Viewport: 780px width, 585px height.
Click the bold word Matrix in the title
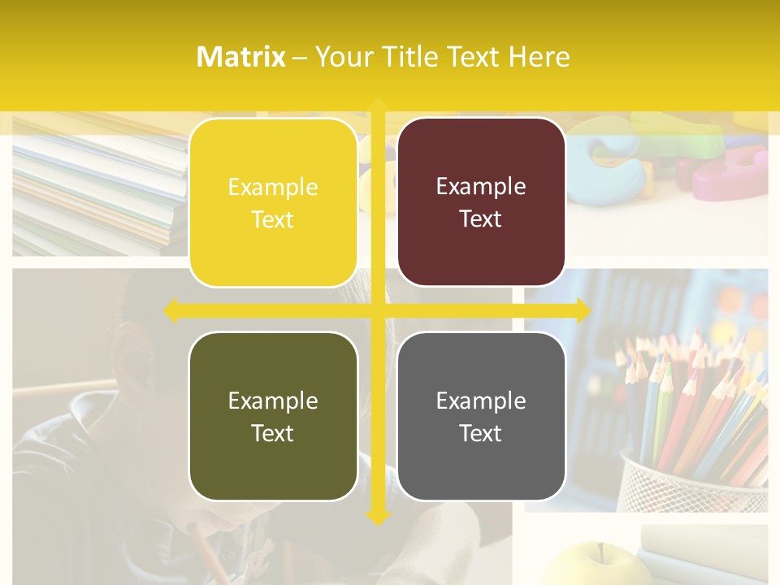pos(241,57)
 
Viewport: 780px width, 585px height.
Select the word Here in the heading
pos(539,57)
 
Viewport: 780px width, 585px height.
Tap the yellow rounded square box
pos(273,202)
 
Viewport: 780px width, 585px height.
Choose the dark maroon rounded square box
pos(481,202)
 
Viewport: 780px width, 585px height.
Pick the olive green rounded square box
pos(273,416)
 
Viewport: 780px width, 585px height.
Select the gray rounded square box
pos(481,416)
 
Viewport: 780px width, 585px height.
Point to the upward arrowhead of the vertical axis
pos(378,106)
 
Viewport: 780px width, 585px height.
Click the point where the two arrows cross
pos(378,310)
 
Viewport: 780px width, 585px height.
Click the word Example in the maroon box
pos(481,187)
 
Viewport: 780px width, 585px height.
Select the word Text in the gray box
pos(481,433)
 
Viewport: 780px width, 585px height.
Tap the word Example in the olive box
pos(273,401)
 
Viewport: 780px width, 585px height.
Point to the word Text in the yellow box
pos(273,219)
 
